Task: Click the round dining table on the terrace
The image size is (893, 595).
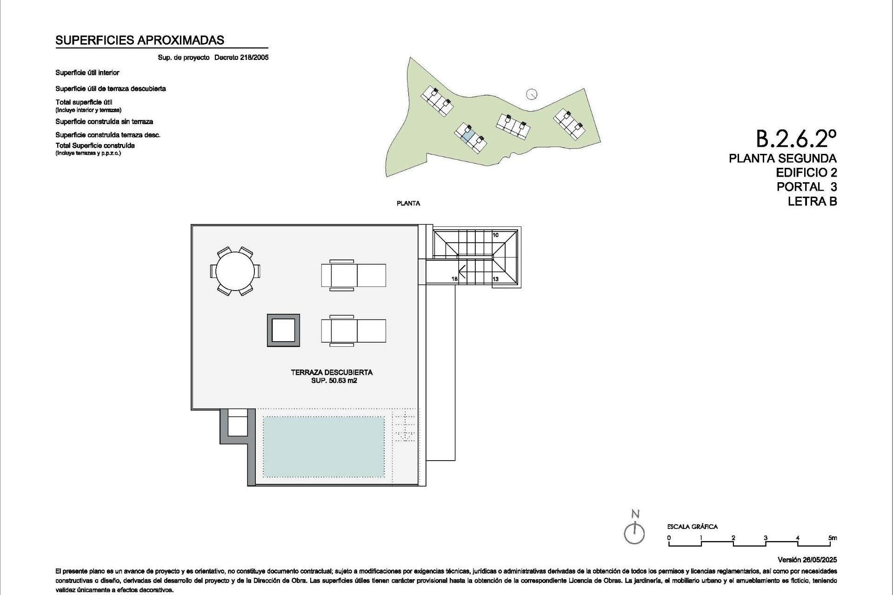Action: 235,271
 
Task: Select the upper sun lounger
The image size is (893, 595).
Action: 353,275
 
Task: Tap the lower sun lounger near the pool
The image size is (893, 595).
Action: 353,331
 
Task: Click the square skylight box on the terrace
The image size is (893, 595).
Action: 283,331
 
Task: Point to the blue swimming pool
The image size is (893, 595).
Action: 324,446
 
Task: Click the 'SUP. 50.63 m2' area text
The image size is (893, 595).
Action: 334,381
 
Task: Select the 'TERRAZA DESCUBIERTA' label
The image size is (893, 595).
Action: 332,372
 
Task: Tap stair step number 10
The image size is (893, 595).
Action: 495,235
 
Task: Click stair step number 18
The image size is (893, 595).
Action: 454,279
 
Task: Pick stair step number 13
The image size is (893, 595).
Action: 495,279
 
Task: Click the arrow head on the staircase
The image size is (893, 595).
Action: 462,270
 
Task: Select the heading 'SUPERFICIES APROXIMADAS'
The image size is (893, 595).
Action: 140,40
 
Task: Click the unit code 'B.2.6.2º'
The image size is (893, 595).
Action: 796,138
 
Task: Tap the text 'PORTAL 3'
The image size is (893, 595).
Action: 806,187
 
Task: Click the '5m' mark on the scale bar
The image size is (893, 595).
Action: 832,538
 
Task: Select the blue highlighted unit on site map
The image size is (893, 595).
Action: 468,135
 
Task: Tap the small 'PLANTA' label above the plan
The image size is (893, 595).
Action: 408,203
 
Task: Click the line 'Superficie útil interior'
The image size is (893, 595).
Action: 87,73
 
